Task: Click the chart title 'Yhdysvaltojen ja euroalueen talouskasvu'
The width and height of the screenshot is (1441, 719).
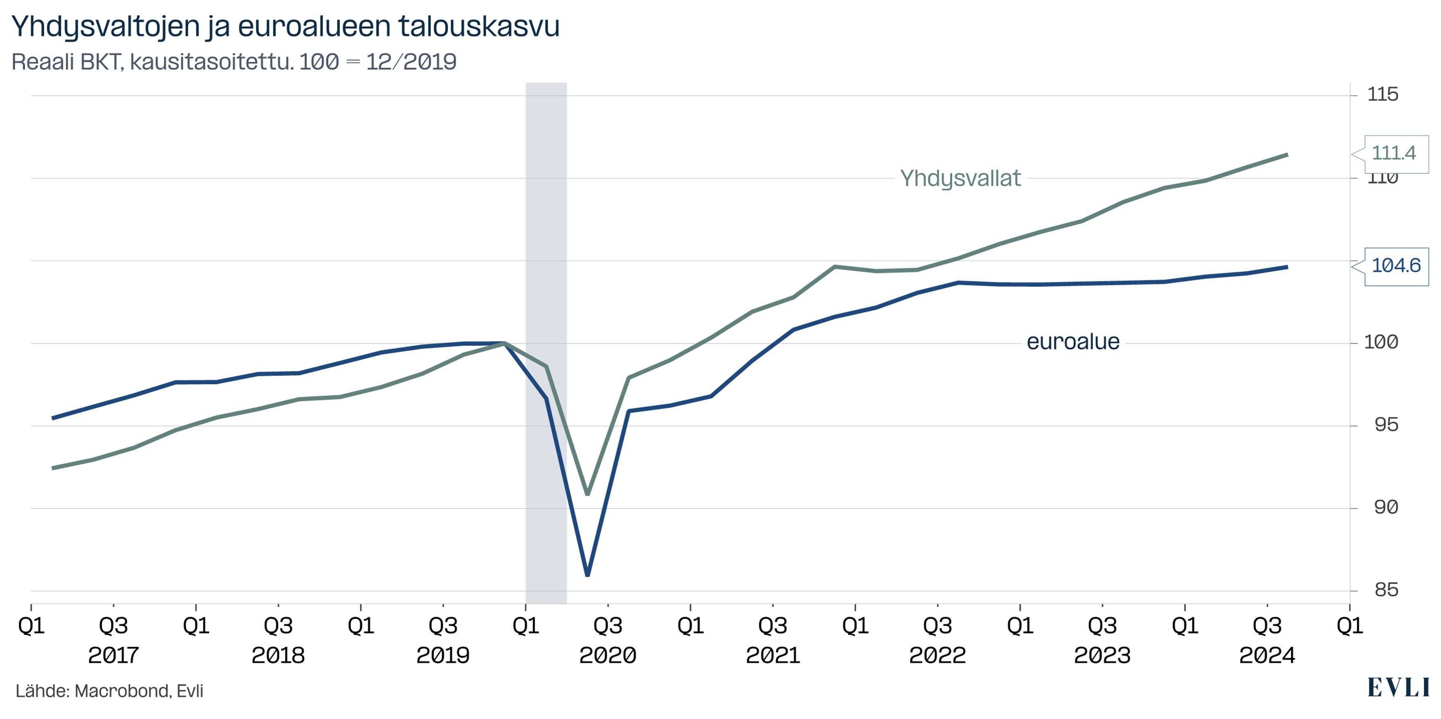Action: (285, 26)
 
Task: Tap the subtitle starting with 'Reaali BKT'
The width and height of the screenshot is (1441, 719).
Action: (234, 61)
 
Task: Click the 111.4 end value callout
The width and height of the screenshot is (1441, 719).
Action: (1394, 153)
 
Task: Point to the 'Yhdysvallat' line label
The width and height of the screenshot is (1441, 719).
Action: (960, 178)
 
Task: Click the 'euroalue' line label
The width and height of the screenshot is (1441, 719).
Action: (1073, 342)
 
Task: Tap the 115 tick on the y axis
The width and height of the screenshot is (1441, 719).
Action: (1382, 94)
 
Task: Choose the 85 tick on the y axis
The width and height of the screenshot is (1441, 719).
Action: (1386, 590)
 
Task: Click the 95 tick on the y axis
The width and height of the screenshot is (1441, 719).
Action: (1386, 425)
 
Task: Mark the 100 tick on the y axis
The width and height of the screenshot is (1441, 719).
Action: (1381, 342)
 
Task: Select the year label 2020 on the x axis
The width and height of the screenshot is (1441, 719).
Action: (607, 655)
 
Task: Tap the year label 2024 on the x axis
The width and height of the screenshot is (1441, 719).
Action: (1267, 655)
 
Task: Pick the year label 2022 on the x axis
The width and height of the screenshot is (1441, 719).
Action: (937, 655)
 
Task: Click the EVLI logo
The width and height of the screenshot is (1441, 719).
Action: (1398, 688)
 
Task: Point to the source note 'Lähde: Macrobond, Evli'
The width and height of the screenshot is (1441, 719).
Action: (109, 691)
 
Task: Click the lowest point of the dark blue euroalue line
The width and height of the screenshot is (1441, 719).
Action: (587, 575)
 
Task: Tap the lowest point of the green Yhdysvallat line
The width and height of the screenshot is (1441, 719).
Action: (587, 494)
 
